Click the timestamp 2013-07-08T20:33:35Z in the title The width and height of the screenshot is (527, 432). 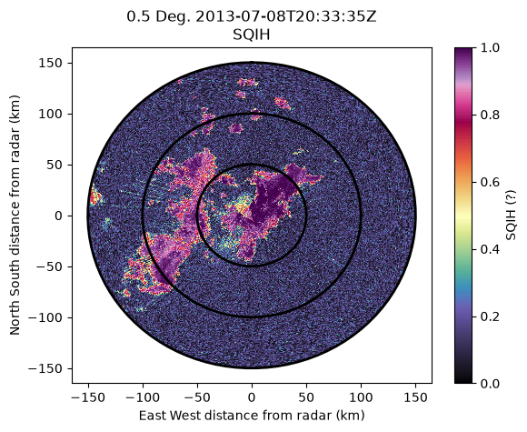coord(285,16)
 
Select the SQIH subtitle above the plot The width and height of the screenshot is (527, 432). coord(252,35)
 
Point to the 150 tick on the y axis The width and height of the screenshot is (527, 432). coord(50,63)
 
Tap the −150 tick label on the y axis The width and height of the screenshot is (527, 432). coord(46,368)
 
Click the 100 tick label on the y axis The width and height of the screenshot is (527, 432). coord(50,114)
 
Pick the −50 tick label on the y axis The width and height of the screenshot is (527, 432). coord(50,266)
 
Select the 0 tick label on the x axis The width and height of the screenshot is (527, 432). coord(252,397)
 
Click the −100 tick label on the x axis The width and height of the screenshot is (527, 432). coord(143,397)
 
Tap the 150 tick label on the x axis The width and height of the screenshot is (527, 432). coord(415,397)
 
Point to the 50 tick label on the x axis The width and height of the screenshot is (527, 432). coord(306,397)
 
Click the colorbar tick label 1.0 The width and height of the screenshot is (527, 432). coord(490,48)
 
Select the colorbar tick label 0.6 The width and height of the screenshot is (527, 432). coord(490,182)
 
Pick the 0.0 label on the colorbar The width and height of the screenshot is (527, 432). coord(490,383)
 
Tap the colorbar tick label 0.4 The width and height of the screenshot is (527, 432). coord(490,249)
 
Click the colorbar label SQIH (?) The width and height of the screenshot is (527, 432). coord(511,216)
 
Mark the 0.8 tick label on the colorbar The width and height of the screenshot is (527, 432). coord(490,116)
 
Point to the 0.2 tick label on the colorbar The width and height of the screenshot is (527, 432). coord(490,316)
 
